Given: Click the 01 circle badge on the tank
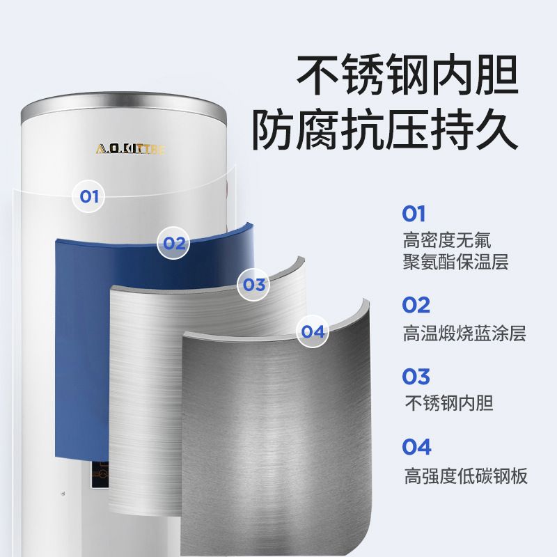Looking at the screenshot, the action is (x=88, y=196).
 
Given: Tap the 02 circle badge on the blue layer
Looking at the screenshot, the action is (x=173, y=243).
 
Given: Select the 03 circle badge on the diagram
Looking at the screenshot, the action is (x=253, y=285).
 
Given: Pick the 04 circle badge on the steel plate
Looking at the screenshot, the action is (x=313, y=331).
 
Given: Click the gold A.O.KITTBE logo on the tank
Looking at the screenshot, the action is (x=130, y=149).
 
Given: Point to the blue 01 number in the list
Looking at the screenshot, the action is (x=414, y=214).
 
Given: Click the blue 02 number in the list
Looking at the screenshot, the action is (x=416, y=305).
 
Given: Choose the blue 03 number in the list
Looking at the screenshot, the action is (x=416, y=377).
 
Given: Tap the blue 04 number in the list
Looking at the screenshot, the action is (x=416, y=447).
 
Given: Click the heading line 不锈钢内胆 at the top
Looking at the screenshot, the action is (x=407, y=75).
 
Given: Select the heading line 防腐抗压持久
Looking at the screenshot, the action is (x=385, y=129).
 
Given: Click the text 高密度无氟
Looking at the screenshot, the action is (x=447, y=240).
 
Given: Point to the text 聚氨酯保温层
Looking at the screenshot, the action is (x=456, y=262).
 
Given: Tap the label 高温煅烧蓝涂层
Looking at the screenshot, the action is (x=464, y=334).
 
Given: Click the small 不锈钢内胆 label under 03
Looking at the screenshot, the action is (x=449, y=403).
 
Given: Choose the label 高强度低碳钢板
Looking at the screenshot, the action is (x=466, y=476).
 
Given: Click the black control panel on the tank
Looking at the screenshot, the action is (x=100, y=475).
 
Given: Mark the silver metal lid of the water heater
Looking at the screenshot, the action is (x=123, y=107).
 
